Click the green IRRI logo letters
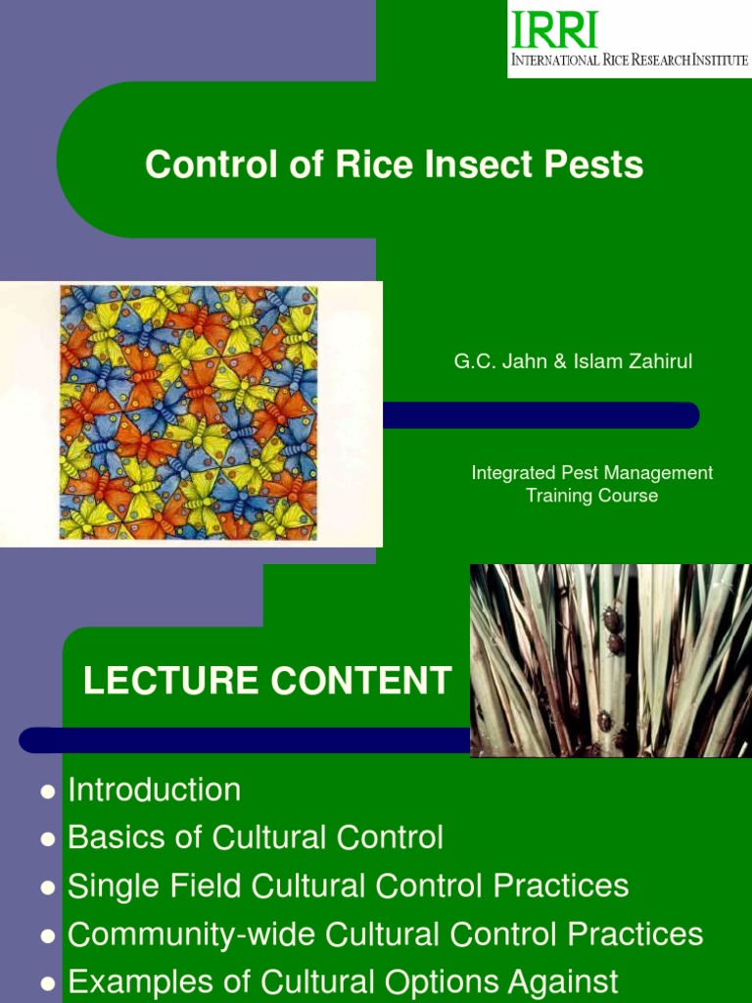click(x=553, y=29)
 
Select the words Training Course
click(x=591, y=496)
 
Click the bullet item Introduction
click(x=154, y=789)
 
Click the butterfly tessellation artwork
click(x=189, y=412)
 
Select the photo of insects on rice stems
click(x=610, y=660)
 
